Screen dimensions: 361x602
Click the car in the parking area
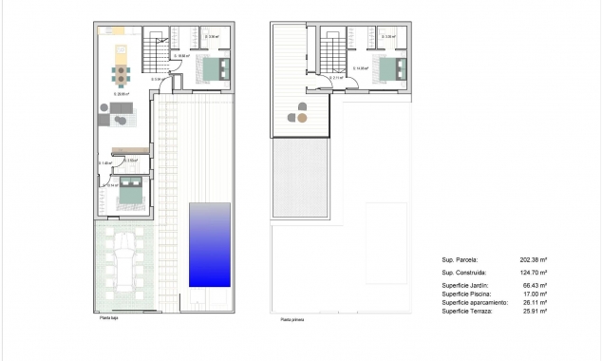coord(124,260)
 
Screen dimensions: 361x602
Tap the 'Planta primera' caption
coord(292,320)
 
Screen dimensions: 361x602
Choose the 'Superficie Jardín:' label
coord(466,286)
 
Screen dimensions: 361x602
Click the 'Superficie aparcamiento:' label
coord(476,303)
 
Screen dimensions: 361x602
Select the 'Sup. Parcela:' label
coord(461,259)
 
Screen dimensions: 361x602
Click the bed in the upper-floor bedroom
coord(393,69)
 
